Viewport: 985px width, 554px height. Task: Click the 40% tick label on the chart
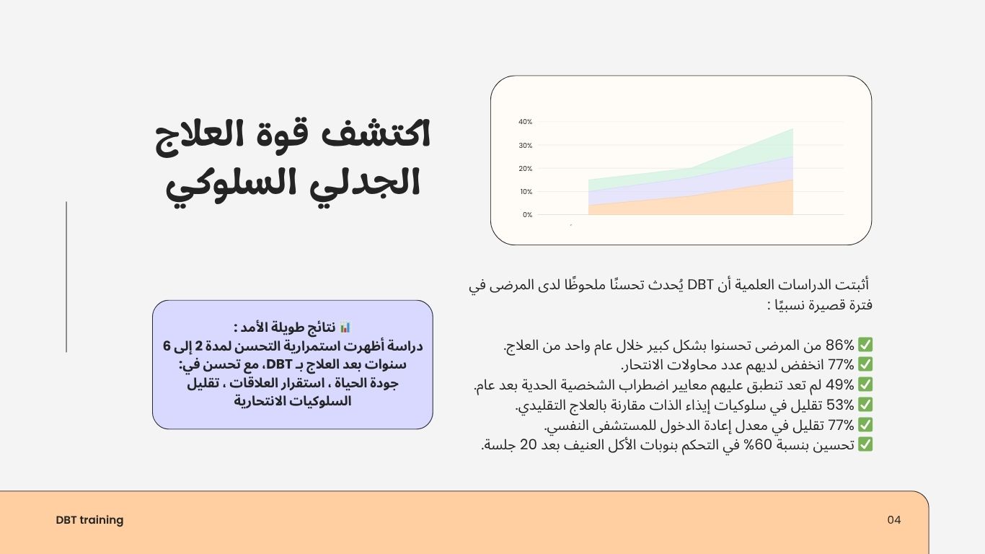click(526, 122)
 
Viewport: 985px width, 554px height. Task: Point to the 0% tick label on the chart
click(528, 215)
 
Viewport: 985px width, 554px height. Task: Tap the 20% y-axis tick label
click(526, 169)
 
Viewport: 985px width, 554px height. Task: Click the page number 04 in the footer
click(894, 520)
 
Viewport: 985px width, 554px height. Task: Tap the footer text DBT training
click(89, 520)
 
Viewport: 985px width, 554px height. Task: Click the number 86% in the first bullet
click(839, 345)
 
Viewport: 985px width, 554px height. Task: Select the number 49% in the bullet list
click(839, 384)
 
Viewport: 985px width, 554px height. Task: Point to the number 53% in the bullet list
click(839, 405)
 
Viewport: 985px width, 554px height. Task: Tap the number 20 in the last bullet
click(528, 445)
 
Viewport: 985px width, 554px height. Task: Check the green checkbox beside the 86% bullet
click(865, 345)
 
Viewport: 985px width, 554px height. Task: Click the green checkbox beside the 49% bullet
click(865, 384)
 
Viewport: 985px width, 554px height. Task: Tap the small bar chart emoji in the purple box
click(345, 327)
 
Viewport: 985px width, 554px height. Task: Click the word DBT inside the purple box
click(280, 364)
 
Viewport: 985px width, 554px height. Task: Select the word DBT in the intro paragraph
click(700, 285)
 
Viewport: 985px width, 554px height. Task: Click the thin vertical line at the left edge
click(66, 277)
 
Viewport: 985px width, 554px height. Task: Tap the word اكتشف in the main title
click(376, 134)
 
